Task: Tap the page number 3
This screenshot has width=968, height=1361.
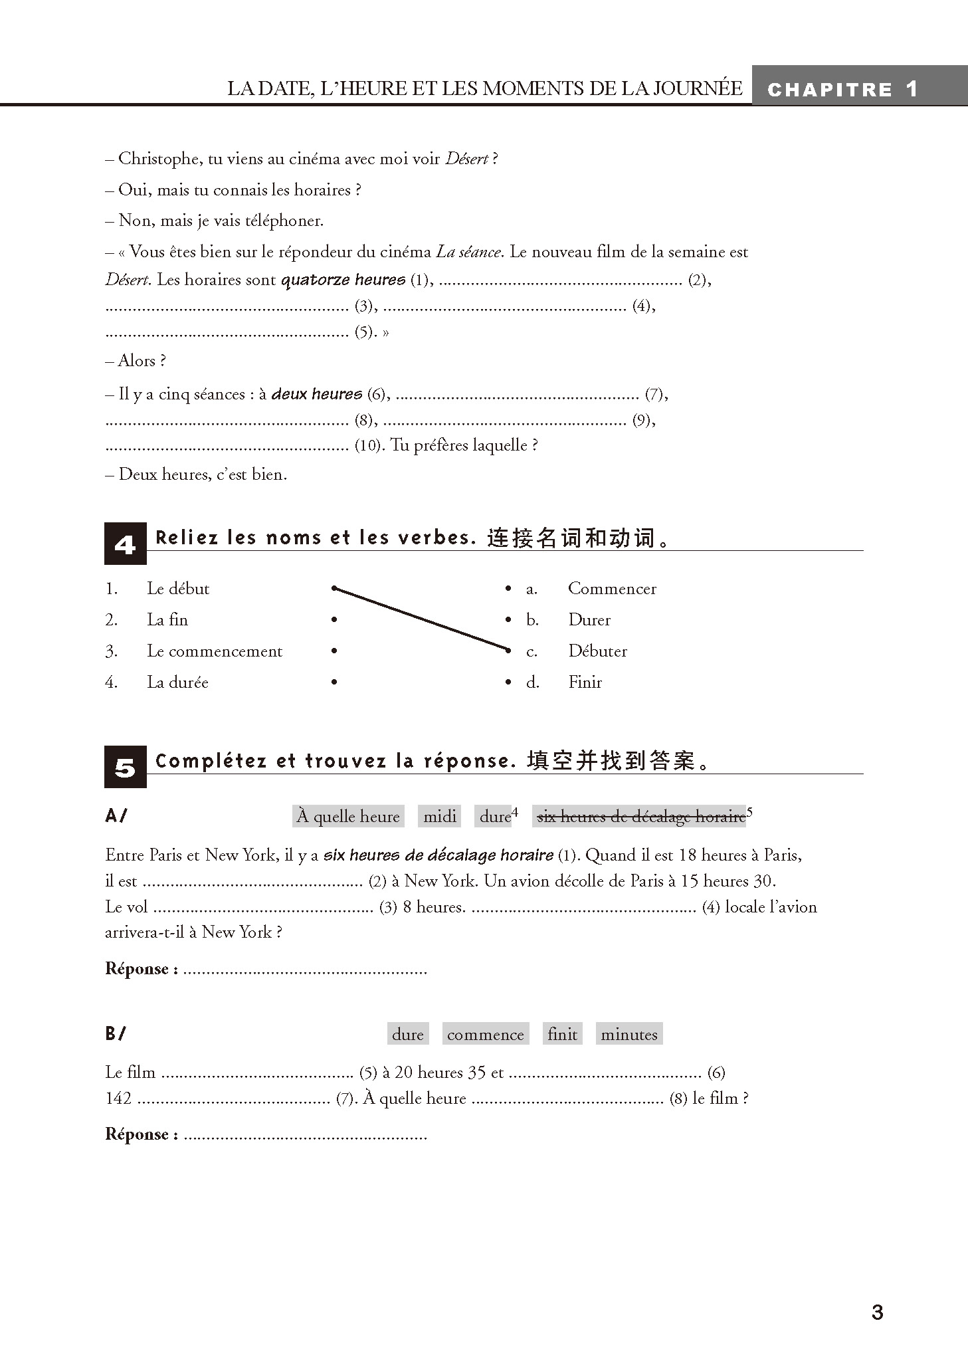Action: [x=877, y=1312]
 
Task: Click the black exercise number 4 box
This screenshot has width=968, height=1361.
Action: [x=125, y=544]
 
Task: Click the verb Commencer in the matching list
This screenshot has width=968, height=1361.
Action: [x=612, y=589]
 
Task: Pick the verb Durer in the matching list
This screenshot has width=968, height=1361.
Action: [x=589, y=620]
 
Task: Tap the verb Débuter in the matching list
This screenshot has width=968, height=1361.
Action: [x=597, y=651]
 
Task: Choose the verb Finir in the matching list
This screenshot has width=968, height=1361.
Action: [x=585, y=682]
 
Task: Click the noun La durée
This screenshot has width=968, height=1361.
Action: [x=177, y=682]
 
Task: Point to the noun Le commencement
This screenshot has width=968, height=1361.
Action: [x=215, y=651]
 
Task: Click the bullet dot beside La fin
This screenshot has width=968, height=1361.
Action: [x=334, y=620]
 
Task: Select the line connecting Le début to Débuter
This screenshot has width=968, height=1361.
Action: [x=421, y=618]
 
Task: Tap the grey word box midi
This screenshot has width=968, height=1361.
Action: [x=440, y=816]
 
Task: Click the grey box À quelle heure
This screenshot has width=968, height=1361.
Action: [x=348, y=816]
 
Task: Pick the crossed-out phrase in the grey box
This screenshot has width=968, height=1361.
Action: [x=640, y=816]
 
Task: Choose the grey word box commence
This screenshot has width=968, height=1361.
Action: [x=485, y=1034]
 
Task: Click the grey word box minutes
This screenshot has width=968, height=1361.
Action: [x=629, y=1034]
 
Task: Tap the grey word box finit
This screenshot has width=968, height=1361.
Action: [x=562, y=1034]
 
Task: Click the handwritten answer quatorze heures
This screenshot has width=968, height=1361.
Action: [x=343, y=280]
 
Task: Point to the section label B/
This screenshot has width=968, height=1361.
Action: [x=116, y=1033]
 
